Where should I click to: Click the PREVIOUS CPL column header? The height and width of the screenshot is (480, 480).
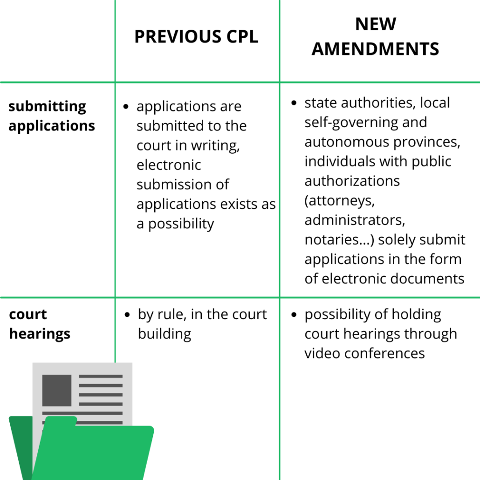[x=196, y=37]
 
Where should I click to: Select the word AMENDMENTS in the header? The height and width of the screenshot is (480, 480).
[x=375, y=49]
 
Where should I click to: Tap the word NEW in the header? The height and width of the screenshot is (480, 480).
[x=376, y=24]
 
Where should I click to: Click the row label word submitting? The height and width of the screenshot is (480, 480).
[x=47, y=107]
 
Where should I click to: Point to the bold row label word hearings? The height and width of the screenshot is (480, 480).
[x=40, y=334]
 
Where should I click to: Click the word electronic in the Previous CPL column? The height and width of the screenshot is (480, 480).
[x=169, y=165]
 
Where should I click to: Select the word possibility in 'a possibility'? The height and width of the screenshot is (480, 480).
[x=181, y=224]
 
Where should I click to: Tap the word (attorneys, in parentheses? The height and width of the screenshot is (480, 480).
[x=339, y=201]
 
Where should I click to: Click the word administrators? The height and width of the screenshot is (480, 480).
[x=355, y=220]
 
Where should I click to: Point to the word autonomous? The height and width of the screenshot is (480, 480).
[x=347, y=142]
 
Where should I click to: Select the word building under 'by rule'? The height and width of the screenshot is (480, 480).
[x=165, y=334]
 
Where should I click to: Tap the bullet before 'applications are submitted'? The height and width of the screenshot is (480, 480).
[x=126, y=107]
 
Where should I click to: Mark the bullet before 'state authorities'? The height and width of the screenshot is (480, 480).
[x=294, y=103]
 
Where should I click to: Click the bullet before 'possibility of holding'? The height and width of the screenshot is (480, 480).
[x=294, y=315]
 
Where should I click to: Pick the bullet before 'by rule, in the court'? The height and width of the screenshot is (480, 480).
[x=127, y=315]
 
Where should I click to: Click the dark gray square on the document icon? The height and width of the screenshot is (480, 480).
[x=57, y=391]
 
